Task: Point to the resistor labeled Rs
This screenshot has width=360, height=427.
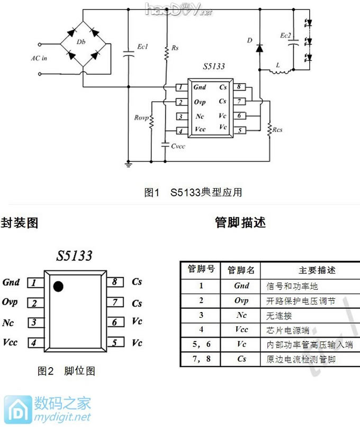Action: (175, 48)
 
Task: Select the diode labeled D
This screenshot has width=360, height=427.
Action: (249, 40)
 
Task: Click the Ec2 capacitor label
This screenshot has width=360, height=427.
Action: (286, 35)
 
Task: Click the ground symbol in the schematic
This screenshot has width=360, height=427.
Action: (128, 164)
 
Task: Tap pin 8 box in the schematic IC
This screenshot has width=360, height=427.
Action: (240, 87)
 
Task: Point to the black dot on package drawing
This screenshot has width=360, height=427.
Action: (58, 287)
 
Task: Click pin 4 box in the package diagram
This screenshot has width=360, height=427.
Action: (34, 343)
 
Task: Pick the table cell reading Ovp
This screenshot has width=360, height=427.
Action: (241, 300)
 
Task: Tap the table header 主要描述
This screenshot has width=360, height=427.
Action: (316, 270)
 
